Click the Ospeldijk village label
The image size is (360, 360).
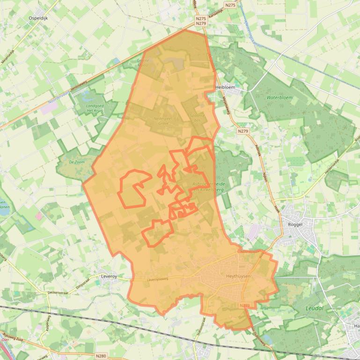38,18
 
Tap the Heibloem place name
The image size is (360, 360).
225,87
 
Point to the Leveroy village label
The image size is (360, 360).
109,276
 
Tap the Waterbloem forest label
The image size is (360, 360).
279,98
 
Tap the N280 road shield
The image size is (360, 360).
101,356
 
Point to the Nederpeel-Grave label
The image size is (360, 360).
163,121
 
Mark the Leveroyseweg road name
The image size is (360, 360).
157,280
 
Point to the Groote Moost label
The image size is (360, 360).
142,63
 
